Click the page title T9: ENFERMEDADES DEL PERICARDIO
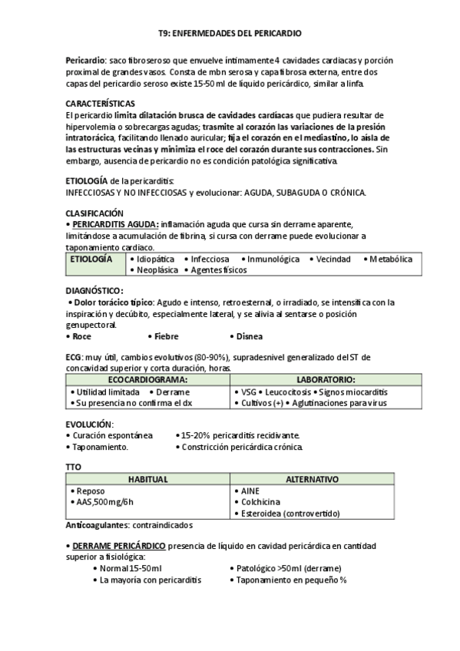pyautogui.click(x=230, y=34)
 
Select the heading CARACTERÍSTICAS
pyautogui.click(x=101, y=103)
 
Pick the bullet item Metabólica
pyautogui.click(x=391, y=259)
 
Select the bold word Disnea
pyautogui.click(x=250, y=336)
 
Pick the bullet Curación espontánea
pyautogui.click(x=111, y=435)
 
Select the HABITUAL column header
pyautogui.click(x=147, y=479)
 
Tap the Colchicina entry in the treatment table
pyautogui.click(x=263, y=501)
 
